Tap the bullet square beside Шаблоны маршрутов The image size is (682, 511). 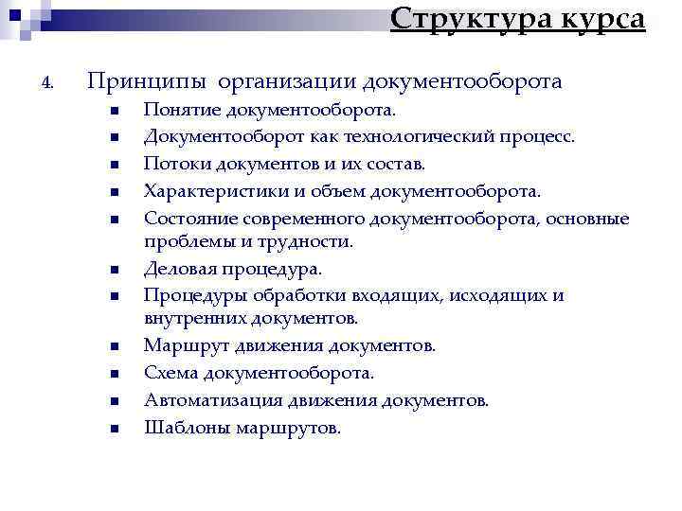(113, 429)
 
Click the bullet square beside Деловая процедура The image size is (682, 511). (113, 270)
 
